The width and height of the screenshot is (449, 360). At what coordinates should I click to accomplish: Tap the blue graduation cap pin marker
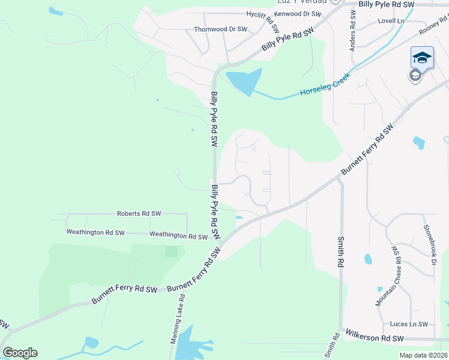422,58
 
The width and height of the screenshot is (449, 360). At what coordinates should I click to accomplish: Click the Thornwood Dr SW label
220,29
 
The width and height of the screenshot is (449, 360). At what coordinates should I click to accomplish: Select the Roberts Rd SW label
139,214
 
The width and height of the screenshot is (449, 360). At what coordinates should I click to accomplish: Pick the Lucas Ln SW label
408,324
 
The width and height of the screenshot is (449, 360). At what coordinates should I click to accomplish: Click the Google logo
20,353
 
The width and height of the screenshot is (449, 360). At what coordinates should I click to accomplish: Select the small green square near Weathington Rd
172,251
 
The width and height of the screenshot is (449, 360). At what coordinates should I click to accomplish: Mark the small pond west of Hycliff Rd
55,11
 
